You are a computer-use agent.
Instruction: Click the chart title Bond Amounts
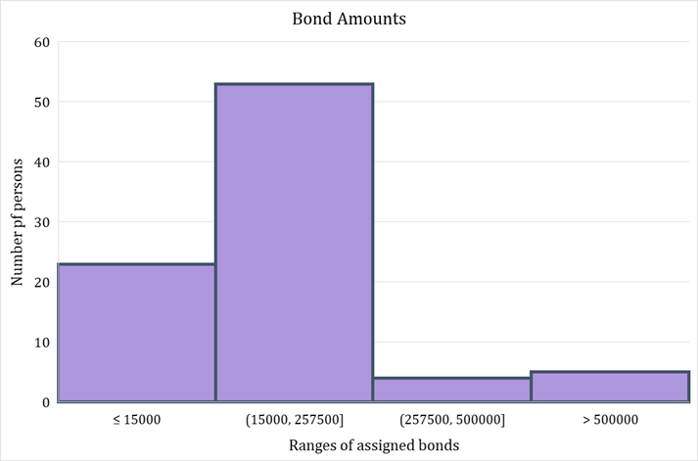(349, 19)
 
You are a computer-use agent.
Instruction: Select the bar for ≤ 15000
(136, 332)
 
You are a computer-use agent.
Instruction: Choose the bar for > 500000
(610, 387)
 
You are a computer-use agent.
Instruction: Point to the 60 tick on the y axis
(41, 42)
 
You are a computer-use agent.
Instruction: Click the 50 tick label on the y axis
(41, 102)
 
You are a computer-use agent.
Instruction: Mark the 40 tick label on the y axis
(41, 162)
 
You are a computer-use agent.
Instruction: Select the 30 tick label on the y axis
(41, 222)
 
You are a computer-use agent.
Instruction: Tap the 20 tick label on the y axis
(41, 282)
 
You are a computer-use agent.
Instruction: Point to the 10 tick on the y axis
(41, 343)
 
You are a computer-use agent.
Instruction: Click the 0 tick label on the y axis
(45, 402)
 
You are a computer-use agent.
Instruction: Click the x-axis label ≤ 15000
(136, 419)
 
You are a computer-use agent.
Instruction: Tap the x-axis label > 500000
(610, 419)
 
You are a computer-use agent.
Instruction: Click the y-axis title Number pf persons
(17, 221)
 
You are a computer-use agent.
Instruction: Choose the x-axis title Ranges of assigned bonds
(373, 445)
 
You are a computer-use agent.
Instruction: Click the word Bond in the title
(309, 19)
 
